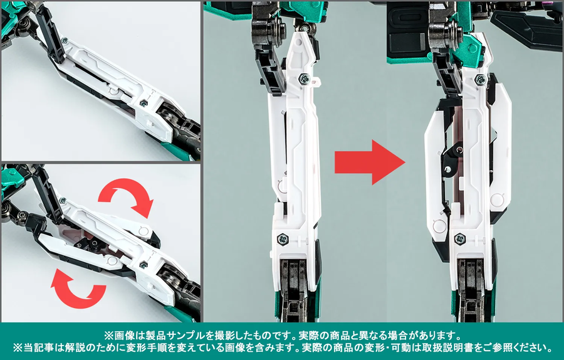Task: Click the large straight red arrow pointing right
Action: click(x=370, y=162)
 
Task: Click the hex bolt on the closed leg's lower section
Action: click(x=281, y=238)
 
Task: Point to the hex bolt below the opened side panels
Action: click(x=459, y=238)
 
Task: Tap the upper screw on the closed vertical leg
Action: click(x=304, y=77)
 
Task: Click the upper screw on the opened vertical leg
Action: click(x=480, y=79)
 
